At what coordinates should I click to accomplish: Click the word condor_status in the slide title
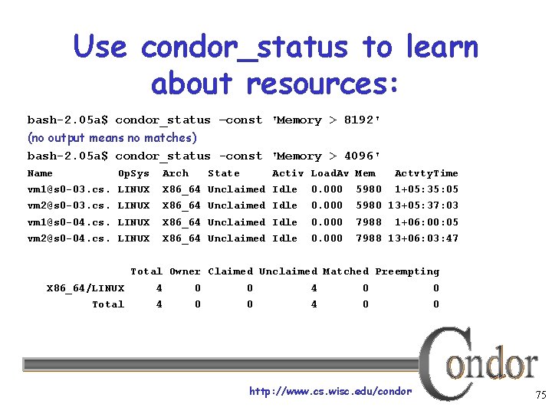tap(245, 48)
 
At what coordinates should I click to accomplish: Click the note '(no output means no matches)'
tap(112, 138)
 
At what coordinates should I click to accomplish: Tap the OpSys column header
tap(133, 173)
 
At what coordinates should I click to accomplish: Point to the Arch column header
tap(176, 173)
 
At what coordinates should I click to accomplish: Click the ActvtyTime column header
tap(426, 173)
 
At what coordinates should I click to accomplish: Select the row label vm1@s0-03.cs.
tap(69, 189)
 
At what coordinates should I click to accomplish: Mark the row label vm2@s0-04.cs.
tap(69, 238)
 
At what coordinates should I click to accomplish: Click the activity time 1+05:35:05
tap(426, 189)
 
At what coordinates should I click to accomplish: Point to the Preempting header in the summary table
tap(407, 271)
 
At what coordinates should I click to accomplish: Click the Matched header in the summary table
tap(345, 271)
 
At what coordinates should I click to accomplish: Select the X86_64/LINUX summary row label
tap(85, 288)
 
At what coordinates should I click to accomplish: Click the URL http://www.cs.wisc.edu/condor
tap(330, 392)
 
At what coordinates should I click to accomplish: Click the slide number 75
tap(540, 396)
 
